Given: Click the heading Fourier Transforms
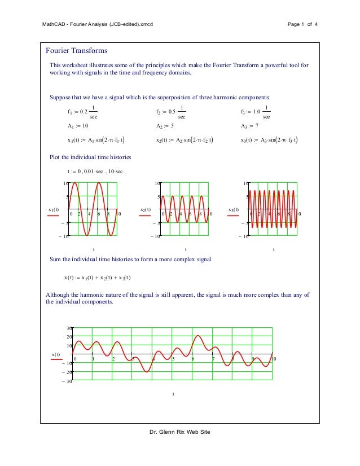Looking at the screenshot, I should [x=77, y=51].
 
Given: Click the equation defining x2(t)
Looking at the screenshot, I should [x=188, y=140].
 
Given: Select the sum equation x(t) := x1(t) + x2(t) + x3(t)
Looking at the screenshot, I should [x=98, y=277].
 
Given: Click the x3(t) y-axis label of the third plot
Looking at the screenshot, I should [x=233, y=210].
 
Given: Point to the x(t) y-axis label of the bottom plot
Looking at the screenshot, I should [x=56, y=354].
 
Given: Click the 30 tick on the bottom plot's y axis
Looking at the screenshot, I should [x=69, y=328].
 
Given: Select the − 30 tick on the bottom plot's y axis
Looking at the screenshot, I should [x=67, y=382].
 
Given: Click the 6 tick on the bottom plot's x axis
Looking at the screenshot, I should [x=193, y=359].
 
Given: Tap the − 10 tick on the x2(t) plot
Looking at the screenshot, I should [x=154, y=236].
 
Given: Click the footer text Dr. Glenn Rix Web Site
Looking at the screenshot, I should [x=179, y=432].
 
